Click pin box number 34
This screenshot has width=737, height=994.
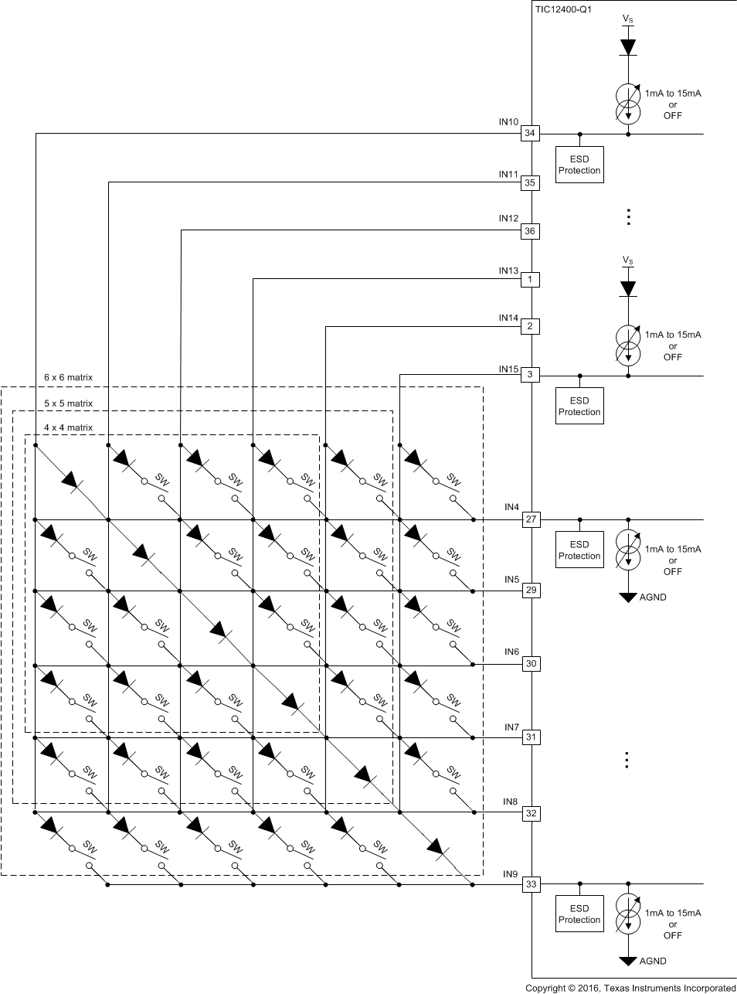(x=530, y=134)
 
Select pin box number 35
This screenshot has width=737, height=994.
(x=530, y=183)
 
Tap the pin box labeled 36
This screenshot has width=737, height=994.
(x=530, y=231)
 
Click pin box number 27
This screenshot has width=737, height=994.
(x=531, y=519)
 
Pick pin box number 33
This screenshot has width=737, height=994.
(x=531, y=884)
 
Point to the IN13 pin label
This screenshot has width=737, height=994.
(x=508, y=271)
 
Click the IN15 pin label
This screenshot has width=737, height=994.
(x=508, y=369)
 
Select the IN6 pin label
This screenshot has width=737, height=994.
(x=511, y=652)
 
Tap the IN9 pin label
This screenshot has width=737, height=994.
(x=510, y=874)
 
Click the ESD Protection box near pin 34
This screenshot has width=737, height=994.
(x=579, y=165)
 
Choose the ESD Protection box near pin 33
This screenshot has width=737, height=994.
(x=579, y=914)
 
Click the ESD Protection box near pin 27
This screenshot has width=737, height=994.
(x=579, y=550)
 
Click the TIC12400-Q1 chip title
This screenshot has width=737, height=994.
(x=563, y=10)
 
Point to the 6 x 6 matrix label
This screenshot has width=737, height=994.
(x=68, y=378)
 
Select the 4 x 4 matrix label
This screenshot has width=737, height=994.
(x=68, y=427)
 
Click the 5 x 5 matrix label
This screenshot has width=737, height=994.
(x=68, y=403)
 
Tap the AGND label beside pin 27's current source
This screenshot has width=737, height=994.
(x=653, y=597)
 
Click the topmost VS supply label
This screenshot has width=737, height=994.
(x=628, y=19)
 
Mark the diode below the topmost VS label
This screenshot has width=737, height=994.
(x=628, y=46)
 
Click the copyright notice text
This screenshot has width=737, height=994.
(x=630, y=988)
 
